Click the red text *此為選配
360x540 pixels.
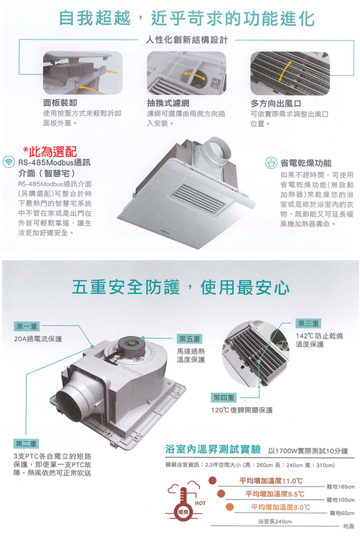click(x=50, y=152)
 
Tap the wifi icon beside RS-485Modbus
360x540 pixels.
click(x=9, y=162)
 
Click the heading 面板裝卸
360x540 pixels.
click(x=60, y=103)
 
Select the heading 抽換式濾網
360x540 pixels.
click(x=168, y=103)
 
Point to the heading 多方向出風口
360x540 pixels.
click(x=276, y=104)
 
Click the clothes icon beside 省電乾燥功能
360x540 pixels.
click(x=271, y=163)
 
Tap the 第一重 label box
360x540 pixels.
click(x=27, y=327)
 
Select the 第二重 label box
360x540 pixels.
click(x=26, y=444)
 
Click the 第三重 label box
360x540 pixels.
click(x=309, y=323)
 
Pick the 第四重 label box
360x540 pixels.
click(x=224, y=397)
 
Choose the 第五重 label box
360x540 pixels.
click(x=189, y=339)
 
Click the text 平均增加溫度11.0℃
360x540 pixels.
click(x=271, y=481)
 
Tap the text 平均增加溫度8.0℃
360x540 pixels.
click(x=280, y=507)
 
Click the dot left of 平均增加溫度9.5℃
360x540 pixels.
click(x=221, y=493)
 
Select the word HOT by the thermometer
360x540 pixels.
click(x=200, y=503)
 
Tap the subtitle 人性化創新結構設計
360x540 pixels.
click(x=186, y=40)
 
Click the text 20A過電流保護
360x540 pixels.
click(x=38, y=339)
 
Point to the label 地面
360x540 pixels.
click(x=349, y=526)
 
